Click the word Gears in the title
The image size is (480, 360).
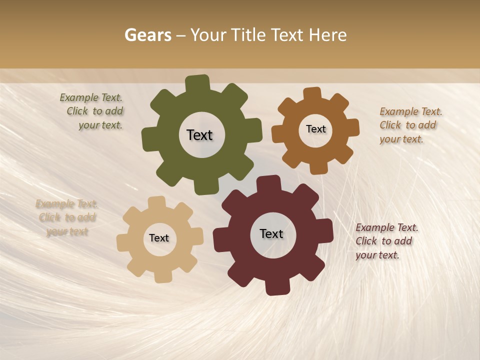(147, 35)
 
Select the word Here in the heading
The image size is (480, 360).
(328, 35)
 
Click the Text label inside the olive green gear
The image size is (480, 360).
(199, 135)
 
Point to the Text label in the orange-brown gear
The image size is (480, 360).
(315, 129)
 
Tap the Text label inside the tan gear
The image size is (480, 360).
(159, 238)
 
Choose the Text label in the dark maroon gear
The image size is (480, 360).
(271, 233)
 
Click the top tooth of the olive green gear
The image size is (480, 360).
(197, 83)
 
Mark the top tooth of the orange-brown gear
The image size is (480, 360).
(312, 93)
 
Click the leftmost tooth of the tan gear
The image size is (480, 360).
(123, 243)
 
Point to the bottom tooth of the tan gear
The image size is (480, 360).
(163, 276)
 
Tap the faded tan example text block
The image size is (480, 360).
(66, 217)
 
